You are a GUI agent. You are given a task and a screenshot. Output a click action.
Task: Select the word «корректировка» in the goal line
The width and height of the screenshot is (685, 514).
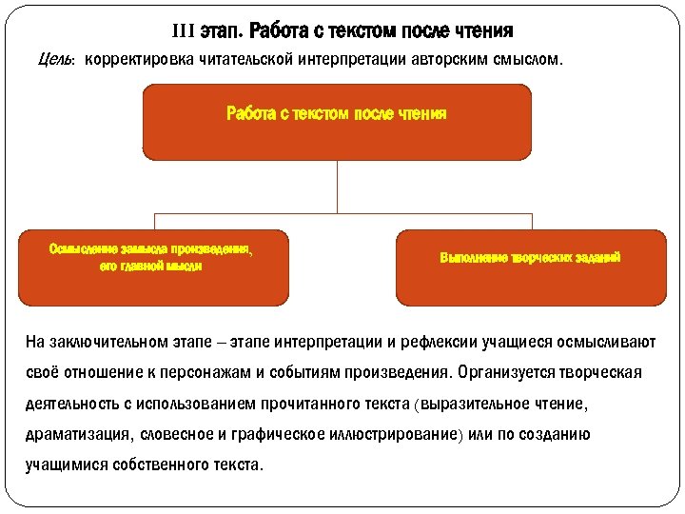(x=137, y=60)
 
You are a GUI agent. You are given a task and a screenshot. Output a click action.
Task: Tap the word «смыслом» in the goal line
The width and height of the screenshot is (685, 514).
(x=530, y=60)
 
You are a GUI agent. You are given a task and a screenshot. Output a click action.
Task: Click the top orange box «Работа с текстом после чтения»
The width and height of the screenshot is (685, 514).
(x=337, y=121)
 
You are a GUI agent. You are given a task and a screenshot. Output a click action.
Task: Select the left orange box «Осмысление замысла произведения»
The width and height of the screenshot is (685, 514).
(x=152, y=267)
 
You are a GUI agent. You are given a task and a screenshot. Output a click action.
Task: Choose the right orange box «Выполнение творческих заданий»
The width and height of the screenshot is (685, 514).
(x=531, y=267)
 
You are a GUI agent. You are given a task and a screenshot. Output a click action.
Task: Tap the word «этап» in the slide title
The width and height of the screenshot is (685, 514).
(x=221, y=31)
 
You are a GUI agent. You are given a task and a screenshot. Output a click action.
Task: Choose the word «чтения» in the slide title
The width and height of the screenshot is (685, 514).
(x=479, y=31)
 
